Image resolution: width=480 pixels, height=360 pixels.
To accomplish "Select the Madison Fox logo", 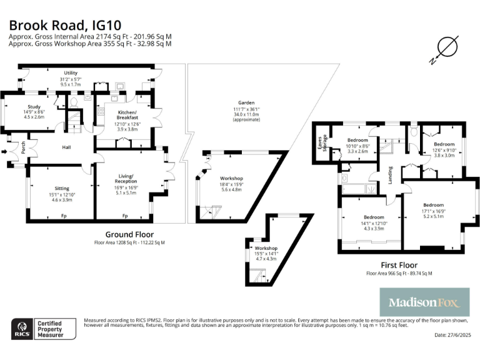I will tap(424, 302).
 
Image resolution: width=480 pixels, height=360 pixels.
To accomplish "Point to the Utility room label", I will tap(71, 73).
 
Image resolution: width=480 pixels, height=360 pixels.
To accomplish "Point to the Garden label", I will tap(245, 102).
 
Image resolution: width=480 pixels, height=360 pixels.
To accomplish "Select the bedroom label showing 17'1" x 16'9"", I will tap(433, 205).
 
